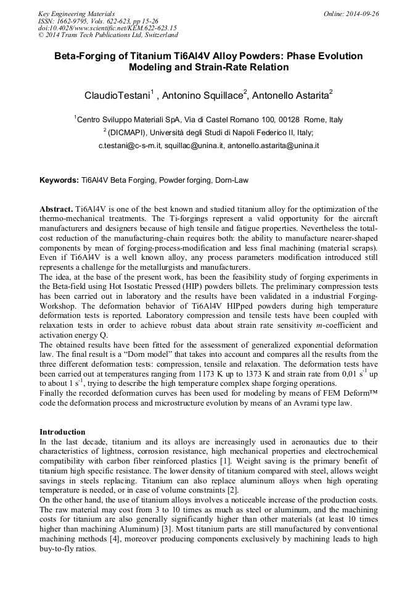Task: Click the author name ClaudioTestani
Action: (117, 95)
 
